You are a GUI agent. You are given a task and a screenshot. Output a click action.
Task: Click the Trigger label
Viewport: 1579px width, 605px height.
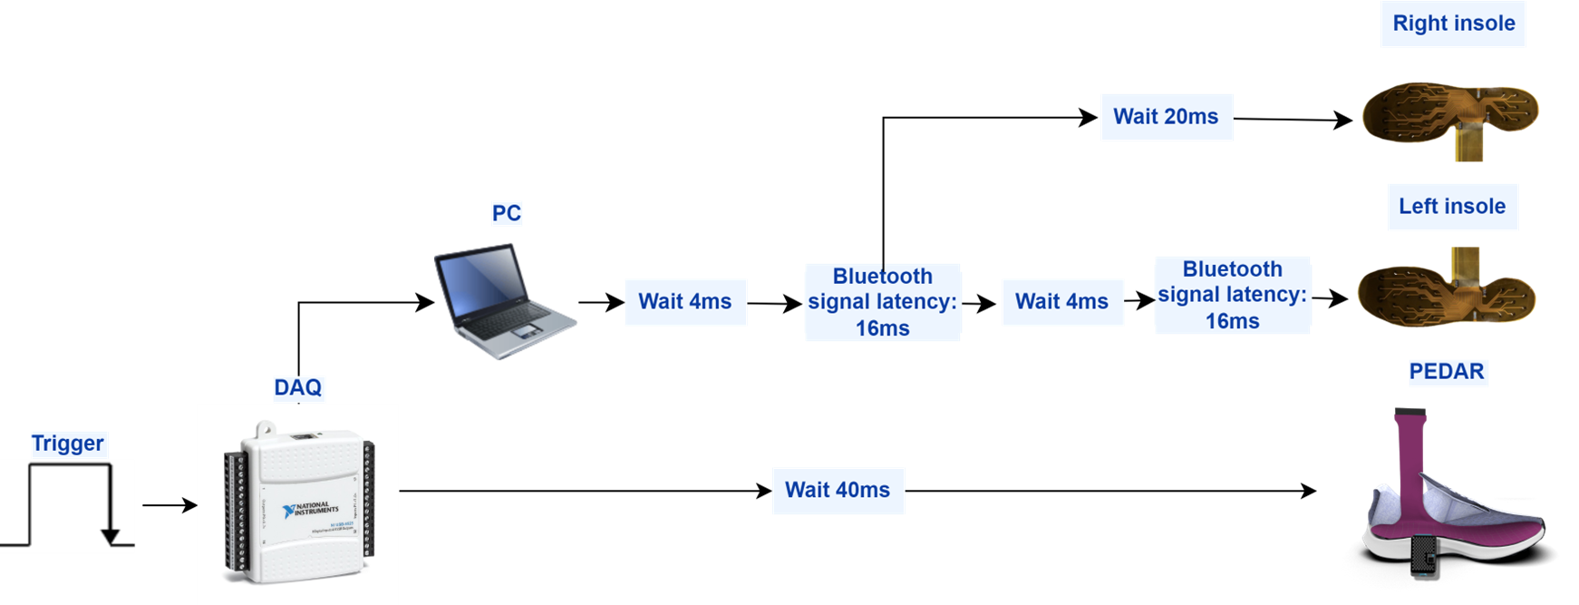[67, 444]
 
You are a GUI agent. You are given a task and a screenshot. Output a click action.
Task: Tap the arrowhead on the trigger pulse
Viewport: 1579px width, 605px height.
[111, 536]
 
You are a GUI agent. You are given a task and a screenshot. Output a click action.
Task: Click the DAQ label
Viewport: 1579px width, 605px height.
[297, 388]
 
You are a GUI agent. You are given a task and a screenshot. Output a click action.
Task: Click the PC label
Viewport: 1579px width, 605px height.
[506, 214]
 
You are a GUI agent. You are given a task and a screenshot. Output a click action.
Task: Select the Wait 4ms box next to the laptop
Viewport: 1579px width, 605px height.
[685, 302]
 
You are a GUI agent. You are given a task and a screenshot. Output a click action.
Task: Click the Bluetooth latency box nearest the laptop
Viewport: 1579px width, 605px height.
[882, 302]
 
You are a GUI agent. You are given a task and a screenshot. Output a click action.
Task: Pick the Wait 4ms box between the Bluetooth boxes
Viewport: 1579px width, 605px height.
[1061, 302]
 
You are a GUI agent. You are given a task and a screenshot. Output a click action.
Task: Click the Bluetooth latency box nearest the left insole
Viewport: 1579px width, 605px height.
[1232, 295]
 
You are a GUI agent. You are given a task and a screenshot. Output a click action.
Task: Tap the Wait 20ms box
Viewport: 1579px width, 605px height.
[1166, 117]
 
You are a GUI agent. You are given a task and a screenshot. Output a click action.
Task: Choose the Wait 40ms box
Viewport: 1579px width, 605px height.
[838, 491]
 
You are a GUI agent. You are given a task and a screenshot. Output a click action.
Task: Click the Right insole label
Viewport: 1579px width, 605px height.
[1453, 24]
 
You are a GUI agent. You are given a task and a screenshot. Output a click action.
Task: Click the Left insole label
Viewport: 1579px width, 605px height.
[1451, 207]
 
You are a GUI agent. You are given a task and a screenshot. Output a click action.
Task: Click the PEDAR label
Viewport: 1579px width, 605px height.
[1446, 372]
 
